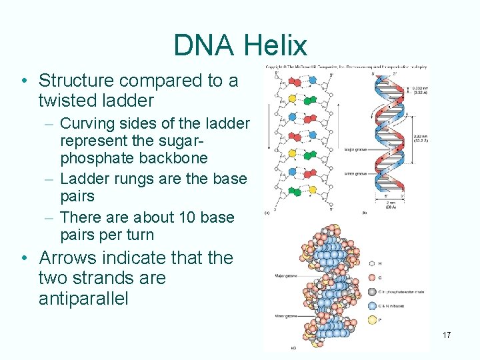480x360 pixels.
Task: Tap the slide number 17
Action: pyautogui.click(x=447, y=335)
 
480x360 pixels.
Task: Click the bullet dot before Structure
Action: pyautogui.click(x=23, y=81)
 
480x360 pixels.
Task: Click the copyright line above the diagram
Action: pyautogui.click(x=347, y=67)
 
